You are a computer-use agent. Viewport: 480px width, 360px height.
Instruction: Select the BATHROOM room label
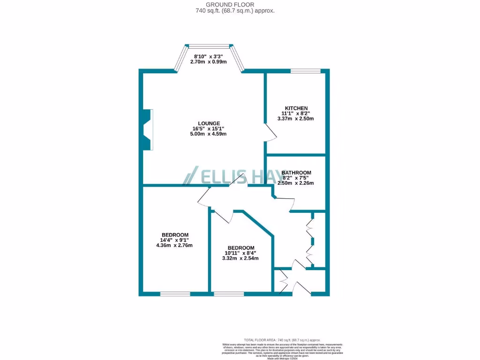pos(296,172)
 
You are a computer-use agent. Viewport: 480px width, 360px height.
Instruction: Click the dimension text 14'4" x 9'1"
pos(175,240)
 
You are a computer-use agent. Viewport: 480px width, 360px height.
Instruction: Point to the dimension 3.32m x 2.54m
pos(241,258)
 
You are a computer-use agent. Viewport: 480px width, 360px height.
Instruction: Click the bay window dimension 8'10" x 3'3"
pos(208,56)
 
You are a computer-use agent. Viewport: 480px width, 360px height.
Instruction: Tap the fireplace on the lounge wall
pos(147,130)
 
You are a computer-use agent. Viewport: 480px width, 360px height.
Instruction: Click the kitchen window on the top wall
pos(306,71)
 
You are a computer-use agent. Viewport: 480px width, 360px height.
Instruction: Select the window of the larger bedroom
pos(175,294)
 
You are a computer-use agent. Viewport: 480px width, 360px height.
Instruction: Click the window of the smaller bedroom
pos(229,294)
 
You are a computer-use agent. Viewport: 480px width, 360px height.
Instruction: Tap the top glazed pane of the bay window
pos(209,46)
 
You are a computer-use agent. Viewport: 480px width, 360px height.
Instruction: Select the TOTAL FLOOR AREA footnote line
pos(282,340)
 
